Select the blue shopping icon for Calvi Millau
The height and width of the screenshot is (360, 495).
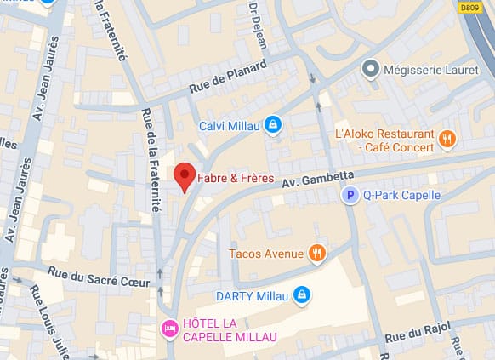(x=272, y=126)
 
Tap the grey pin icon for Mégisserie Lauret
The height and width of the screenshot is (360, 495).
(x=370, y=68)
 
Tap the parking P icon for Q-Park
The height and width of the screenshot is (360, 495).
(x=350, y=196)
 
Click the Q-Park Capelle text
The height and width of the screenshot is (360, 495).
(x=402, y=196)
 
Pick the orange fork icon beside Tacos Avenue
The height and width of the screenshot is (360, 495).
(x=317, y=253)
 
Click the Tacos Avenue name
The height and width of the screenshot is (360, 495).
(x=266, y=254)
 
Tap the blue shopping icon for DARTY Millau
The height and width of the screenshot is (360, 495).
(x=300, y=295)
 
